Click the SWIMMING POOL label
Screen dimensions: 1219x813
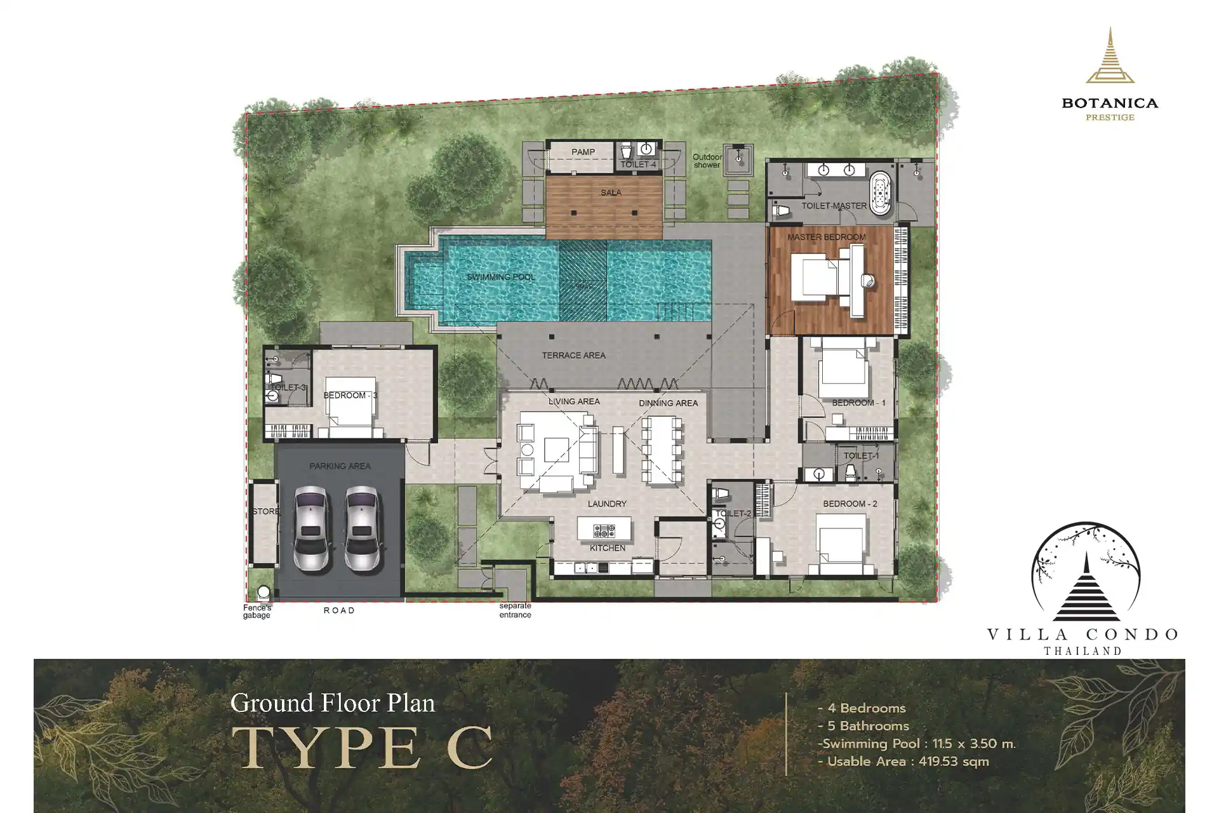pyautogui.click(x=501, y=277)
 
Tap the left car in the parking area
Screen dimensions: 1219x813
pyautogui.click(x=311, y=528)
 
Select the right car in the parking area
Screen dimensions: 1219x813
pyautogui.click(x=363, y=528)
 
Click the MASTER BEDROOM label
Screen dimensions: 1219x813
pyautogui.click(x=827, y=237)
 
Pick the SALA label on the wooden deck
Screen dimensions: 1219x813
pyautogui.click(x=611, y=192)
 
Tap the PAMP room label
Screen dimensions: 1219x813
pyautogui.click(x=583, y=152)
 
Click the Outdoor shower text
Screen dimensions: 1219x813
pyautogui.click(x=707, y=161)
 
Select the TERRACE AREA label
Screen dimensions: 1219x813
pyautogui.click(x=574, y=356)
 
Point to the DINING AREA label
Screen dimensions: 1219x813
pyautogui.click(x=669, y=403)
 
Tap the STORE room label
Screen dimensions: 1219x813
pyautogui.click(x=266, y=511)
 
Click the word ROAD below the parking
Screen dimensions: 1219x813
pyautogui.click(x=339, y=610)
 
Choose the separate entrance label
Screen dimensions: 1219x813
pyautogui.click(x=515, y=610)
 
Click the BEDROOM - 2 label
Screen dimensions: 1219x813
pyautogui.click(x=850, y=504)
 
